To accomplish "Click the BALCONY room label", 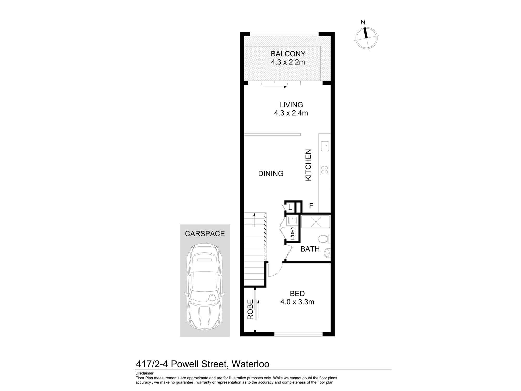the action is point(288,54).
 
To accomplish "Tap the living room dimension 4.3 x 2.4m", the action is point(291,113).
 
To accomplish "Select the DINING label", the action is point(271,174).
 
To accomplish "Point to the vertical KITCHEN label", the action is point(308,165).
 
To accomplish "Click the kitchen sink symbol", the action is point(325,146).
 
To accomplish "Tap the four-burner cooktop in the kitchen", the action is point(325,170).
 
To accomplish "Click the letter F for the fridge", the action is point(311,206).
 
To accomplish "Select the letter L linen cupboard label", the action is point(290,207).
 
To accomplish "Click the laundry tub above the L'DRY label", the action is point(292,221).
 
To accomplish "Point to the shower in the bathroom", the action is point(316,222).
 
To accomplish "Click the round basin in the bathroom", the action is point(327,253).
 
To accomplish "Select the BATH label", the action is point(310,249).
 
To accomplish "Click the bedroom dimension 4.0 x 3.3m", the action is point(297,302).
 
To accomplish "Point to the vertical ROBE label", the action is point(250,309).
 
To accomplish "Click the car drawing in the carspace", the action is point(205,287).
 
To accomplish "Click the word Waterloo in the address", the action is point(251,364).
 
